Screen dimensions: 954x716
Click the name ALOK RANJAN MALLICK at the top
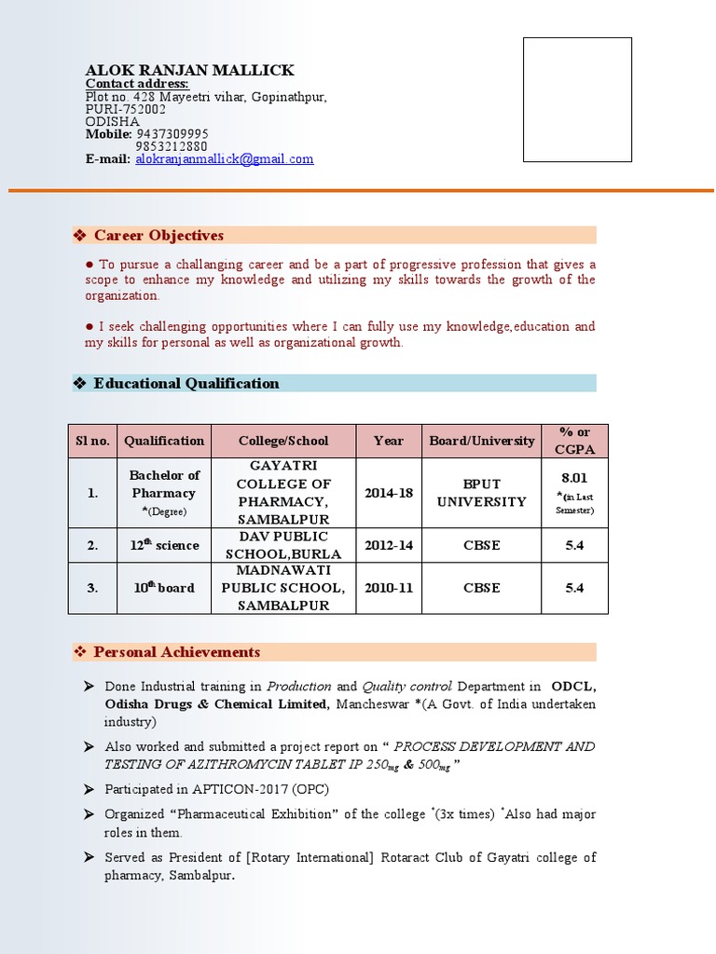189,70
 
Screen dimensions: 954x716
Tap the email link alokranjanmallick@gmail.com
225,159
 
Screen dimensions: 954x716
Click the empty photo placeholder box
577,100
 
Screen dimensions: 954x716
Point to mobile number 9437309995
172,134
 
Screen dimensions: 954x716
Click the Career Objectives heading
158,236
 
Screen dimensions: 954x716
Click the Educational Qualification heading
186,383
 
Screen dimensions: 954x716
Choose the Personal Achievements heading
177,652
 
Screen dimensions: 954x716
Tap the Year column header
389,441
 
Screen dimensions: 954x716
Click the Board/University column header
482,441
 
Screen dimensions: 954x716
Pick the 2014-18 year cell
389,493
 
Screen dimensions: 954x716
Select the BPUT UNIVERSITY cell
482,493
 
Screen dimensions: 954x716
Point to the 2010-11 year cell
389,588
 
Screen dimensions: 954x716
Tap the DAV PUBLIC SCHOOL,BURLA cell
283,545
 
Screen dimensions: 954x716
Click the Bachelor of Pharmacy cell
164,484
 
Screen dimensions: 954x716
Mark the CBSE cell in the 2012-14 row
482,545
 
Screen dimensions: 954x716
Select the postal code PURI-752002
126,109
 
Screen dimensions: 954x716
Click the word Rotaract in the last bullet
408,857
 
